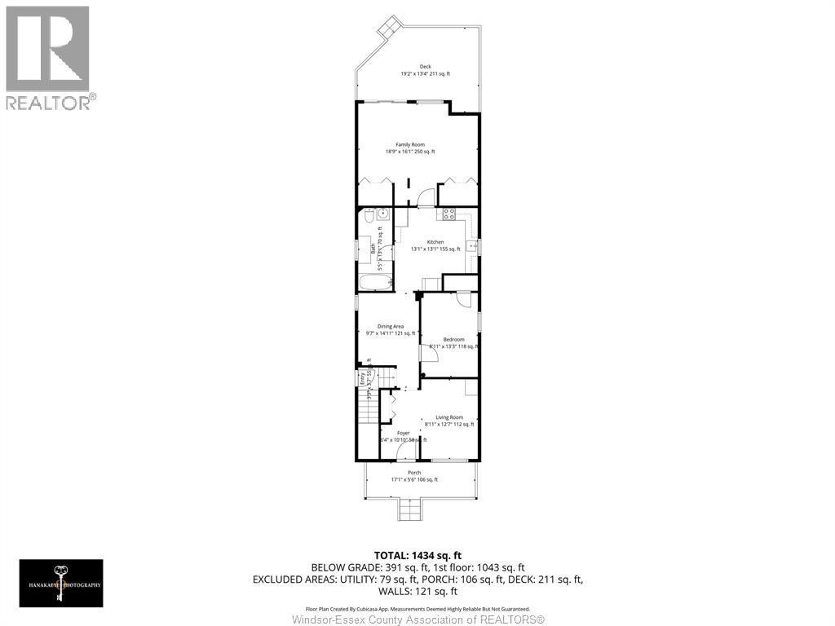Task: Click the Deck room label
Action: pos(425,67)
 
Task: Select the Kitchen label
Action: pos(435,242)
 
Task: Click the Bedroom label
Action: pos(453,339)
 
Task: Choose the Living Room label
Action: pos(448,417)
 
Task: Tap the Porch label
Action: pos(414,473)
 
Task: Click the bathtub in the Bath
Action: pos(375,282)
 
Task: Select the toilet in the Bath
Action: pos(367,218)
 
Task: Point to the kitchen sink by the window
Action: pos(471,244)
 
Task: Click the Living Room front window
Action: pos(449,461)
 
